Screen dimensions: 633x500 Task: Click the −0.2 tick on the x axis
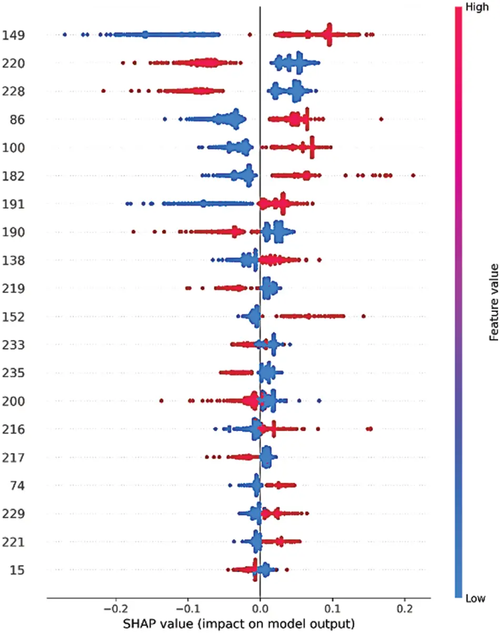(x=115, y=608)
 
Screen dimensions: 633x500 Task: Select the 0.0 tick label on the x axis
(x=260, y=608)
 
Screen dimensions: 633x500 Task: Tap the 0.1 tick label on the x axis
(x=332, y=608)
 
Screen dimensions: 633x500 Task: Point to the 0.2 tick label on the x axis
(x=404, y=608)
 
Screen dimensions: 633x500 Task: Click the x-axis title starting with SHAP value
(x=238, y=624)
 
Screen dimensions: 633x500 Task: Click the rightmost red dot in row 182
(x=413, y=175)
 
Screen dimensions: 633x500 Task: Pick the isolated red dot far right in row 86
(x=381, y=120)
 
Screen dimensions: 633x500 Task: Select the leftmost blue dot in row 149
(x=65, y=35)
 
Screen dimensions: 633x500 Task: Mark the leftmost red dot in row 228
(x=103, y=91)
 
